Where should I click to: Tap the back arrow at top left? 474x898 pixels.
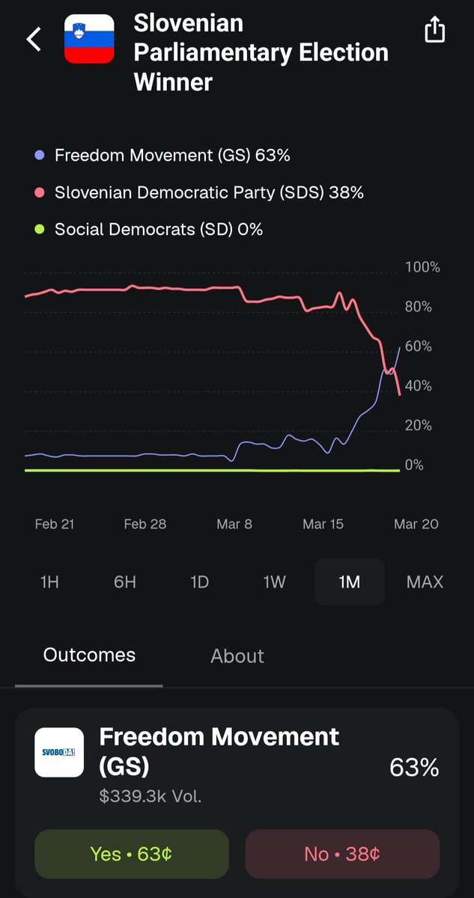[34, 39]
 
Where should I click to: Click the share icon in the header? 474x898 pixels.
[435, 29]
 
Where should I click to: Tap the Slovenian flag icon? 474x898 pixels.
[89, 39]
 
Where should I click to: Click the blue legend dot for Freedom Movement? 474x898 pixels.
[39, 155]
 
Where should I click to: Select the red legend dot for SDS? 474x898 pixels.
[39, 192]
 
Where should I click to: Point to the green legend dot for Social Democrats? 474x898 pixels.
[39, 229]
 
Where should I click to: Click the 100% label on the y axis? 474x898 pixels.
[422, 267]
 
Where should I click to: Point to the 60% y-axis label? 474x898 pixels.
[419, 346]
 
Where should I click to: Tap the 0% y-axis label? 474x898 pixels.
[414, 465]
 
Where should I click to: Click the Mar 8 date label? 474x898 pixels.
[234, 524]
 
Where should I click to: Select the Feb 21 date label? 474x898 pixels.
[55, 524]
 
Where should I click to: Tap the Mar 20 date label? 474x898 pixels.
[416, 524]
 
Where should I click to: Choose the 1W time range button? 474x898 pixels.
[274, 582]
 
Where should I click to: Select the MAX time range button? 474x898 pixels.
[425, 582]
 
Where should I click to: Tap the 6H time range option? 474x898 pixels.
[125, 582]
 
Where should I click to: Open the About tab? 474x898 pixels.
[237, 656]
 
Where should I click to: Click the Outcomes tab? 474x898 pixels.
[89, 655]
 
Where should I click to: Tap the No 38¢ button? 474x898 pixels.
[342, 854]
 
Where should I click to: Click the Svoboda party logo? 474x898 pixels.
[59, 753]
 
